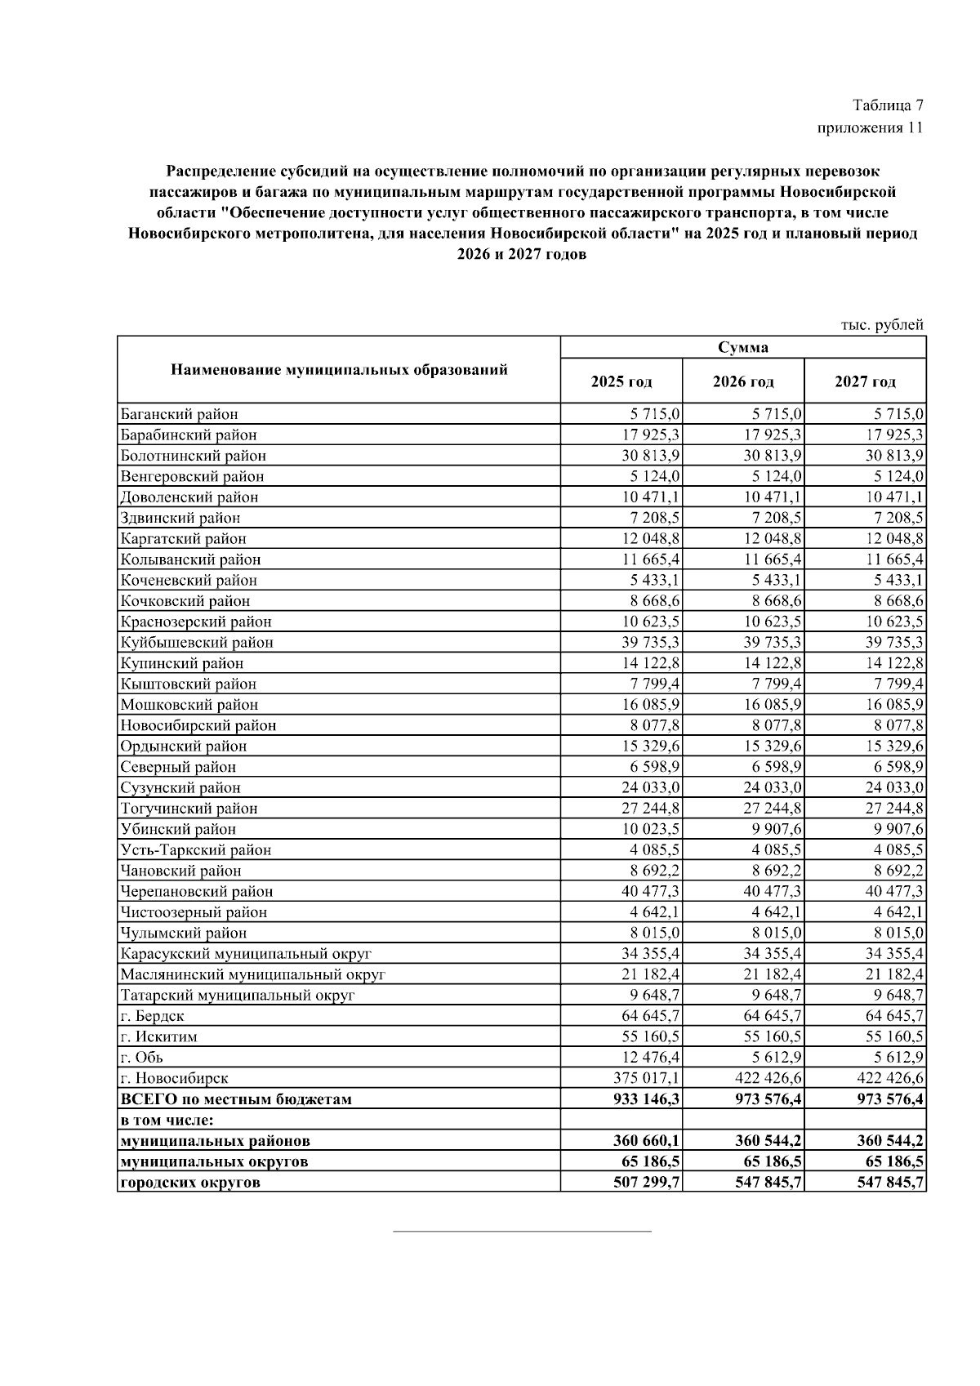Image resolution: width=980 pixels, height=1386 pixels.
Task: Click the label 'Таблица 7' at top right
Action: tap(888, 105)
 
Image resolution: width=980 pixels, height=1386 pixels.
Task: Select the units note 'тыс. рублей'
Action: tap(882, 324)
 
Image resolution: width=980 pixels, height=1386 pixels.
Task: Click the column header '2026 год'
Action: tap(743, 381)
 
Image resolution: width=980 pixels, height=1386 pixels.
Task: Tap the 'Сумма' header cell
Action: tap(743, 347)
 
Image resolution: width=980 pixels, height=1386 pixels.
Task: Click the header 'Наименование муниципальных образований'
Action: tap(339, 370)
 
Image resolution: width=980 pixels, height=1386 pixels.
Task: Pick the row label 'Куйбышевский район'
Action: tap(197, 642)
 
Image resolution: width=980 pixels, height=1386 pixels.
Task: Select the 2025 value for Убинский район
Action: tap(651, 829)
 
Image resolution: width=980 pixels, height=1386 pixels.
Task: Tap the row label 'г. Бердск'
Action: tap(152, 1016)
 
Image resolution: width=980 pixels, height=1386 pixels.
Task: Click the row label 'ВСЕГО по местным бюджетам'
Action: tap(236, 1099)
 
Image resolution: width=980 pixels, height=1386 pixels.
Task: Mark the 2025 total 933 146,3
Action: tap(646, 1099)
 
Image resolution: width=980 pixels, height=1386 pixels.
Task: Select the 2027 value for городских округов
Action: tap(890, 1182)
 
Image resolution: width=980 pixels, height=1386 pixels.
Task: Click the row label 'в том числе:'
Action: tap(172, 1120)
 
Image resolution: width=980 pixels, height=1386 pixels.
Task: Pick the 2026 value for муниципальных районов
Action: tap(768, 1140)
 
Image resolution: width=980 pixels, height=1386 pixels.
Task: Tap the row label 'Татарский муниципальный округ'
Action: tap(238, 995)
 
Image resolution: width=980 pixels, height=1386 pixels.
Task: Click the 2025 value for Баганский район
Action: tap(655, 414)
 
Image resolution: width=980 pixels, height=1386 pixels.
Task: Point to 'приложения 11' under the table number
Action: tap(870, 127)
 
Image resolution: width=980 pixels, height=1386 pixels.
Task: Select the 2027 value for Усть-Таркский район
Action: tap(898, 849)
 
